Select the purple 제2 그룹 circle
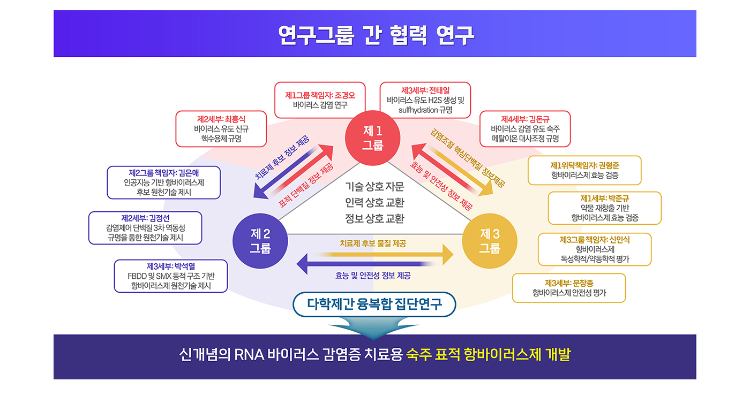[x=260, y=241]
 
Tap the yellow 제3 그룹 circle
[x=490, y=241]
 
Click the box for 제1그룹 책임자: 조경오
[x=320, y=100]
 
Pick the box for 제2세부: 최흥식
[x=221, y=128]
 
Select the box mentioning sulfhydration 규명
[x=425, y=100]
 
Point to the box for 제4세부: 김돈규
[x=525, y=128]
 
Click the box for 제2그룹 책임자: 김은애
[x=164, y=182]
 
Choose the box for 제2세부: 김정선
[x=145, y=228]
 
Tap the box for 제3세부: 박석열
[x=171, y=276]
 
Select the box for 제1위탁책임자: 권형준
[x=584, y=170]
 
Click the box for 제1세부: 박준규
[x=604, y=208]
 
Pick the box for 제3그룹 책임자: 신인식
[x=595, y=249]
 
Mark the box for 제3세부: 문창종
[x=569, y=288]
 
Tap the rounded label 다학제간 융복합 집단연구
[x=375, y=304]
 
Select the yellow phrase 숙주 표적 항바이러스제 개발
[x=487, y=355]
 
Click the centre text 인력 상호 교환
[x=374, y=203]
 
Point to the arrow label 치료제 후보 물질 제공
[x=373, y=243]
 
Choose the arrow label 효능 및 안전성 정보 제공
[x=373, y=276]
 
